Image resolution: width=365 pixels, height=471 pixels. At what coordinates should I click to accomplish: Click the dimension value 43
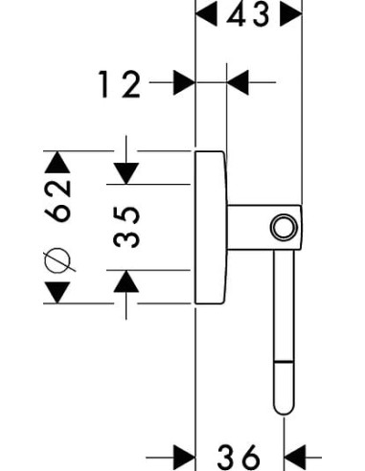(249, 15)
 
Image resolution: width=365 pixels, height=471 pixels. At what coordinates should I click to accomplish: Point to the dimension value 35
(128, 226)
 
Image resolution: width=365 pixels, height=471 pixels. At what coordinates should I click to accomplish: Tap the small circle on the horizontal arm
(282, 227)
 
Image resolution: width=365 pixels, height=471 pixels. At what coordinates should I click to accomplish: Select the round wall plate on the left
(211, 227)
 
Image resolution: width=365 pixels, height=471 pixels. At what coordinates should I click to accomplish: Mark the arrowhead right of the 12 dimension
(237, 83)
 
